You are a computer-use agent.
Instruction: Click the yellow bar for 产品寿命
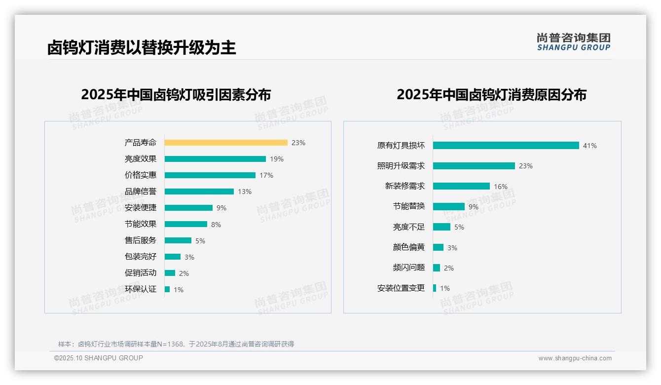tap(226, 143)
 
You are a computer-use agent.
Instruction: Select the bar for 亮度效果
tap(215, 159)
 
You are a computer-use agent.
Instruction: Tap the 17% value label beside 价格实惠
tap(266, 175)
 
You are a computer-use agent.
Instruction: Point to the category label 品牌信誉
tap(140, 192)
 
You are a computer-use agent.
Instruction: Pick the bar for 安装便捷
tap(188, 208)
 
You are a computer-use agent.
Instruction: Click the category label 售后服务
tap(140, 240)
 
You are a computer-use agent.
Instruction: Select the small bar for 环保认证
tap(167, 289)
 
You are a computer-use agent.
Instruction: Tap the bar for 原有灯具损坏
tap(506, 146)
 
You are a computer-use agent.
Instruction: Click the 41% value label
tap(590, 146)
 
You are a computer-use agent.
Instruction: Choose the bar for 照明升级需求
tap(474, 166)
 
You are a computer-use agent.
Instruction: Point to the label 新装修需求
tap(404, 186)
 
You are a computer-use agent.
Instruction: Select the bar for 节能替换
tap(449, 207)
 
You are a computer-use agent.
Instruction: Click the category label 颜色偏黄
tap(408, 247)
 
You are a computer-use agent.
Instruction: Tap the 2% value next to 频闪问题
tap(449, 268)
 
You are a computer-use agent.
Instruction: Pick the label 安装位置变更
tap(401, 288)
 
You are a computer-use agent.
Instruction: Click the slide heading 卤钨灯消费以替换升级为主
tap(142, 47)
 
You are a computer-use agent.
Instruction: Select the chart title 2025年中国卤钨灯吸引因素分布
tap(176, 95)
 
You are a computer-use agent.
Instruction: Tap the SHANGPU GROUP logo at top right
tap(573, 42)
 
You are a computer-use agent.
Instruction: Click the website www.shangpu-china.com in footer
tap(575, 358)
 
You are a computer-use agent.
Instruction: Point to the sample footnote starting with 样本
tap(176, 344)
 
